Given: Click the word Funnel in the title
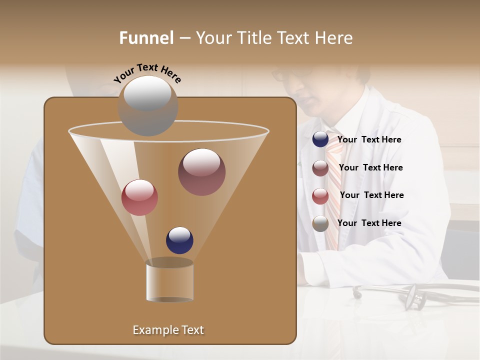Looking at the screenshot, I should [146, 38].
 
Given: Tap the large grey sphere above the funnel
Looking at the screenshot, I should [148, 105].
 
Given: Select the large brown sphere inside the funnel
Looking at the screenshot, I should [201, 171].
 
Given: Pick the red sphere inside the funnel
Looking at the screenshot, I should [139, 197].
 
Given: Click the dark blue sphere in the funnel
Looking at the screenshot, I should [179, 240].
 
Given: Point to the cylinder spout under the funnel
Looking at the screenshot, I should [169, 281].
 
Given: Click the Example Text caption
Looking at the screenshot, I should [168, 330].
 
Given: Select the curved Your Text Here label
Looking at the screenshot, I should [147, 72].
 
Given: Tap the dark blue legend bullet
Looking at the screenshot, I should [320, 139].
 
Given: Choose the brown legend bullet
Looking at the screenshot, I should [320, 168].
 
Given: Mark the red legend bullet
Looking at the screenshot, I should [320, 196].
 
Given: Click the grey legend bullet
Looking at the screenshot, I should [320, 223].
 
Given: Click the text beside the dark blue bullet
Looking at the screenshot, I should [369, 140].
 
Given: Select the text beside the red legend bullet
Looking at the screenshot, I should [371, 195].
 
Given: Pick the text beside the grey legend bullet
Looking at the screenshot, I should [369, 223].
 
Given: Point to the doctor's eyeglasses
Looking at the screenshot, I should [290, 74].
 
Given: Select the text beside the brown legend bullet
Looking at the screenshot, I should [370, 167].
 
